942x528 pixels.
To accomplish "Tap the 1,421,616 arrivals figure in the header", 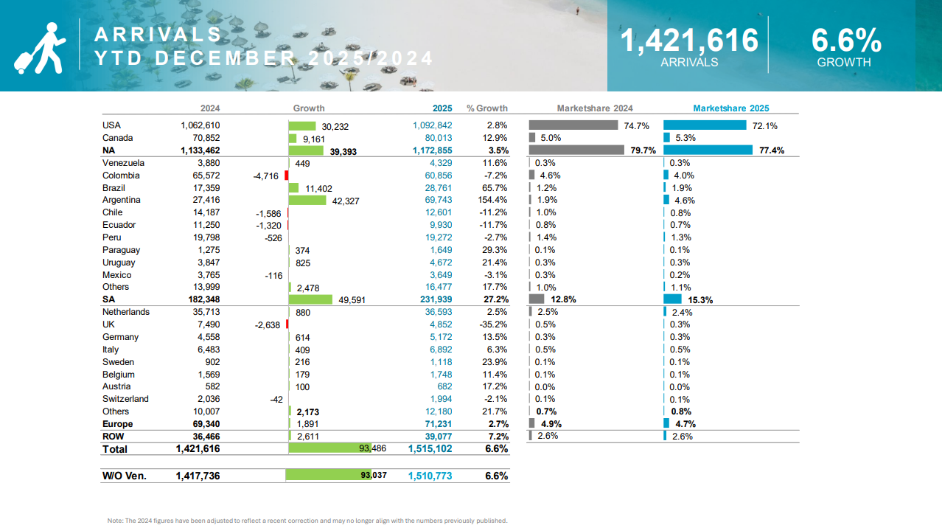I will (x=688, y=40).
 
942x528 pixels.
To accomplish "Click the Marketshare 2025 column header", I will (x=730, y=108).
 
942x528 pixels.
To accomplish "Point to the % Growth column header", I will (x=487, y=108).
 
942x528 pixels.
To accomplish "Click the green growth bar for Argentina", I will (x=307, y=200).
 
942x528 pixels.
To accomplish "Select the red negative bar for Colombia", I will (x=286, y=176).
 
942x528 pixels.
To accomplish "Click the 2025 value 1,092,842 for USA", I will (x=433, y=125).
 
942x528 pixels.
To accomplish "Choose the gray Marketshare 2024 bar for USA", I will (x=573, y=125).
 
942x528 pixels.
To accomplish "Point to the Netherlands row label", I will (x=126, y=312).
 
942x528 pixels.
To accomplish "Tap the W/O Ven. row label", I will (x=124, y=476).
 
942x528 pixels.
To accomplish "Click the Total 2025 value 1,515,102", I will (x=430, y=448).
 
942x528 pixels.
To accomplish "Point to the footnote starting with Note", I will (x=307, y=521).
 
